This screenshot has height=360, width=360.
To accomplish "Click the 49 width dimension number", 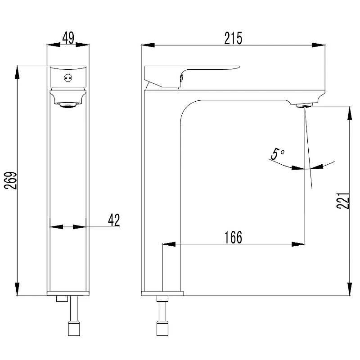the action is click(x=68, y=38).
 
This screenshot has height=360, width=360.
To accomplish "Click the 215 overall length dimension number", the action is click(x=233, y=38).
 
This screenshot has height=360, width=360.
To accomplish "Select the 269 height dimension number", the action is click(x=11, y=180).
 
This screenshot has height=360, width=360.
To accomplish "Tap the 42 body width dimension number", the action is click(x=114, y=220).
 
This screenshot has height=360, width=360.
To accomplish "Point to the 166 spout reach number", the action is click(x=233, y=237).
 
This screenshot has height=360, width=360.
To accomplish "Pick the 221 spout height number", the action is click(x=343, y=201).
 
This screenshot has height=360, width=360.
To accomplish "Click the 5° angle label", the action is click(x=278, y=154).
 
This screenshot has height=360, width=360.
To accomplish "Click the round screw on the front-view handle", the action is click(x=67, y=78).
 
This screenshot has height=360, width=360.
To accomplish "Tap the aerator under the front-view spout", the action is click(x=68, y=105).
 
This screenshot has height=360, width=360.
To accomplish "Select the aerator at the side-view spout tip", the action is click(x=305, y=106).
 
